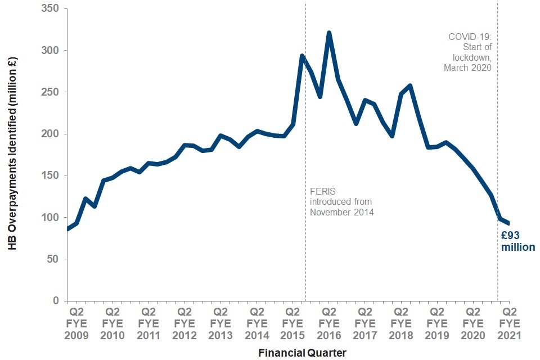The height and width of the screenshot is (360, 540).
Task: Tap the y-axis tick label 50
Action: [54, 259]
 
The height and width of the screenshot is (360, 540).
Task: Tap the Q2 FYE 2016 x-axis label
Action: [328, 323]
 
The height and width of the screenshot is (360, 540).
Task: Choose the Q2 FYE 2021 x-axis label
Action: [510, 323]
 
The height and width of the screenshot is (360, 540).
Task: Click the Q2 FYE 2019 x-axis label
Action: [437, 323]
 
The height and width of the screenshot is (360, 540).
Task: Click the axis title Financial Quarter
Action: [302, 353]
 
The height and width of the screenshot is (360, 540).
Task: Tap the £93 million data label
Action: [517, 241]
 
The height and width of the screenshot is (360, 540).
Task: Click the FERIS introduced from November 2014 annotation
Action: [341, 202]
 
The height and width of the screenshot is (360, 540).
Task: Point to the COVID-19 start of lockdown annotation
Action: [470, 52]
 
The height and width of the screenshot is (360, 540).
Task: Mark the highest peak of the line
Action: [329, 33]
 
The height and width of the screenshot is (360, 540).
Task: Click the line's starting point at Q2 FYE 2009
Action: [67, 229]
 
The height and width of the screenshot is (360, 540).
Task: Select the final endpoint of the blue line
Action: [509, 223]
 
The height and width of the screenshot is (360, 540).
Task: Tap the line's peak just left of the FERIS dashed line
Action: [302, 56]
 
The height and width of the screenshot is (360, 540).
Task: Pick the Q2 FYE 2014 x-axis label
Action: [256, 323]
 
